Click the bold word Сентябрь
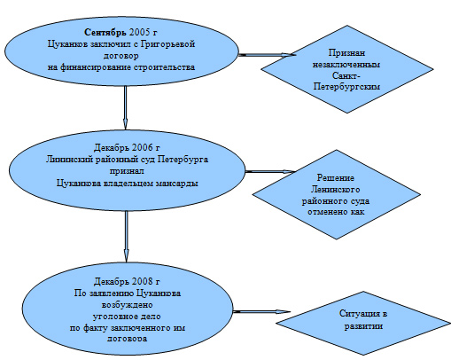(x=105, y=32)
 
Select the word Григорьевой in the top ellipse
(x=167, y=44)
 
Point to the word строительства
(x=164, y=67)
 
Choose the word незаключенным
(x=346, y=64)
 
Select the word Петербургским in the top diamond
(x=346, y=87)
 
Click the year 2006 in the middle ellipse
(x=143, y=147)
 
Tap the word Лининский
(x=69, y=160)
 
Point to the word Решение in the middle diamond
(x=336, y=177)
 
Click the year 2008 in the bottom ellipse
(x=143, y=281)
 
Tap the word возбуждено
(x=127, y=304)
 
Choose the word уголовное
(x=113, y=317)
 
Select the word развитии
(x=363, y=326)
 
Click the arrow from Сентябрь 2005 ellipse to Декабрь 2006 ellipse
(x=125, y=107)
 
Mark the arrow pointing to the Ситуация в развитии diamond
(x=262, y=311)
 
